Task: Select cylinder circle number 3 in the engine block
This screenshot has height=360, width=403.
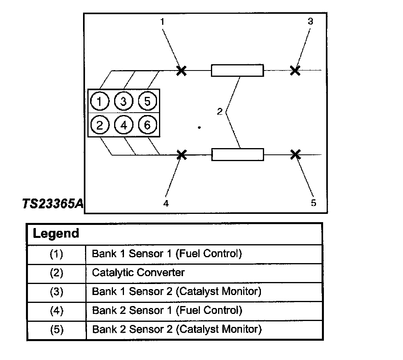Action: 123,102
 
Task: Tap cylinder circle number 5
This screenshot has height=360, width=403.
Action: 147,102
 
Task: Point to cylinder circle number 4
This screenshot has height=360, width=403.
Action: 124,125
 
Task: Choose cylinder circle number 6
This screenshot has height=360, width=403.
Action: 147,125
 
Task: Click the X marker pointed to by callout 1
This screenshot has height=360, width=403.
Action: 181,71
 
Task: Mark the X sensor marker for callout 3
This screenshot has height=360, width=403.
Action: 295,71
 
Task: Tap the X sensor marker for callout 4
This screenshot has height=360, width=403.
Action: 181,154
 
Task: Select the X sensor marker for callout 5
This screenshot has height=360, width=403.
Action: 295,154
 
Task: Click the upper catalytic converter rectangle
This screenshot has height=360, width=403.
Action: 237,71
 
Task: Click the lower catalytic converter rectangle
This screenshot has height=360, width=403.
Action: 238,154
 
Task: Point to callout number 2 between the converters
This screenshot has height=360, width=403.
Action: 220,112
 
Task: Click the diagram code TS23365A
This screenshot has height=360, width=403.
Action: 53,204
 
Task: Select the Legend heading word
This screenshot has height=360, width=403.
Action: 56,233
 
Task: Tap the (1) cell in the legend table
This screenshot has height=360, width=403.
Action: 56,254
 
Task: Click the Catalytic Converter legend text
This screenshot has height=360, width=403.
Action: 138,273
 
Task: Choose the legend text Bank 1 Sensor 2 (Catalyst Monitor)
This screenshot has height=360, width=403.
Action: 176,291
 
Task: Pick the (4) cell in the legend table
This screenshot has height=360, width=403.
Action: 56,310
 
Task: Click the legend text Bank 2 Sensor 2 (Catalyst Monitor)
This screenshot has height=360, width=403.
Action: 176,329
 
